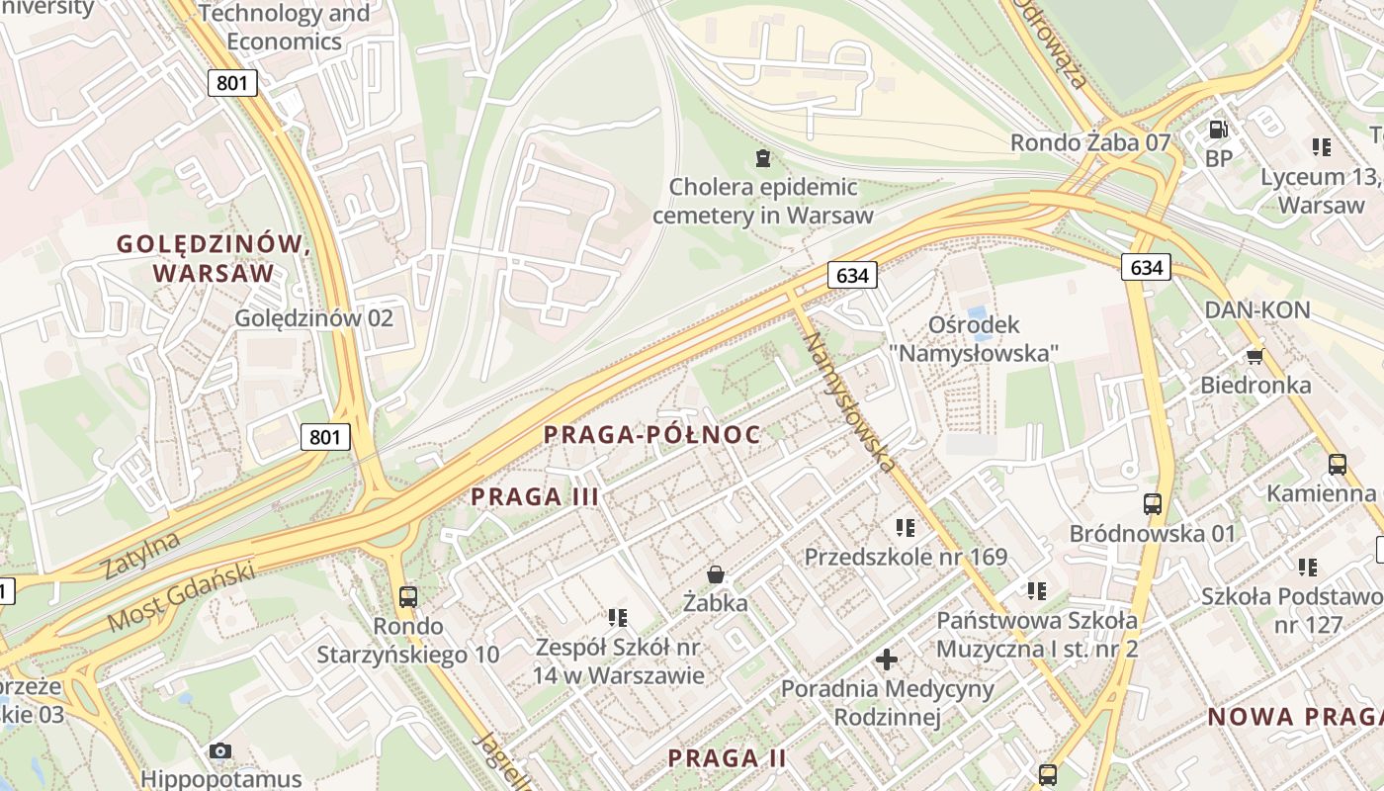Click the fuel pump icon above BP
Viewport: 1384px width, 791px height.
pyautogui.click(x=1219, y=129)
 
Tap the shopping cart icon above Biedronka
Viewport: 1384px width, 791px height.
pyautogui.click(x=1255, y=355)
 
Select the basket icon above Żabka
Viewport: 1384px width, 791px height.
pyautogui.click(x=715, y=573)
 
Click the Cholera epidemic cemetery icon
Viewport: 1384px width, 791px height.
pyautogui.click(x=762, y=157)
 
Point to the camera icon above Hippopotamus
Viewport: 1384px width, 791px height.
pyautogui.click(x=220, y=750)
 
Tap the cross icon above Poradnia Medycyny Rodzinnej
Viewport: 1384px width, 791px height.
pyautogui.click(x=887, y=659)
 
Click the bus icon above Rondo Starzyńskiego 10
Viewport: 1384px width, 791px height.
pyautogui.click(x=407, y=596)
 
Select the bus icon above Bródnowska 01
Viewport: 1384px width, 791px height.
pyautogui.click(x=1152, y=503)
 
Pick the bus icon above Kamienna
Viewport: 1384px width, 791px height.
pyautogui.click(x=1338, y=463)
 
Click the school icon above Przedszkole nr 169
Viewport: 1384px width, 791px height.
pyautogui.click(x=905, y=528)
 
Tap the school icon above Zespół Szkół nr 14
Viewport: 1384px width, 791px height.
pyautogui.click(x=618, y=618)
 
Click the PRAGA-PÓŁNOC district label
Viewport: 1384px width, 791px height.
pyautogui.click(x=652, y=434)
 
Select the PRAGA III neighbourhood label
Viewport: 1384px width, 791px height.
pyautogui.click(x=535, y=496)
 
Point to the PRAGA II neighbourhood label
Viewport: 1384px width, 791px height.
pyautogui.click(x=727, y=758)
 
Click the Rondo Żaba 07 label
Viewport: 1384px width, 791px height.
pyautogui.click(x=1089, y=142)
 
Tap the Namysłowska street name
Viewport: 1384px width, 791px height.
pyautogui.click(x=850, y=401)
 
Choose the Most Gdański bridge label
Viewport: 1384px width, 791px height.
pyautogui.click(x=181, y=596)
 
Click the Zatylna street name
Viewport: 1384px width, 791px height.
pyautogui.click(x=141, y=555)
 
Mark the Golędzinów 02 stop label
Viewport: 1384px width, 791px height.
pyautogui.click(x=313, y=317)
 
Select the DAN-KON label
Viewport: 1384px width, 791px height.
pyautogui.click(x=1256, y=309)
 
